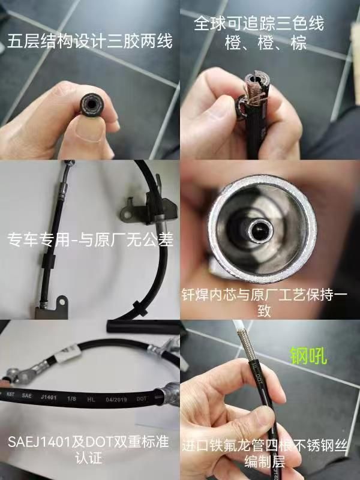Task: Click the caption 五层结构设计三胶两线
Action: (89, 41)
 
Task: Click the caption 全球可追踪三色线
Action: (259, 25)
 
